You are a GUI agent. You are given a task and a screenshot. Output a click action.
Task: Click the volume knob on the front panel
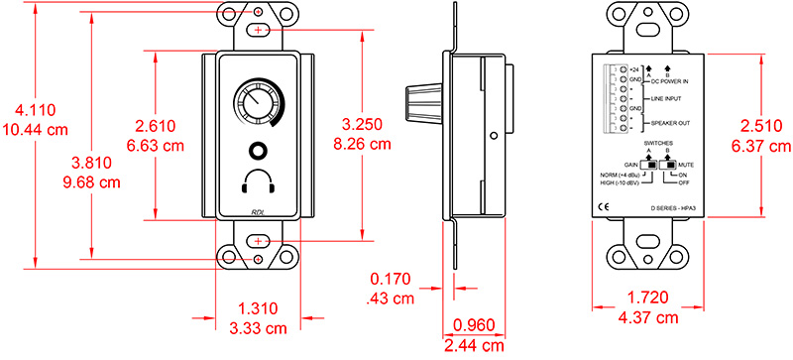click(x=257, y=104)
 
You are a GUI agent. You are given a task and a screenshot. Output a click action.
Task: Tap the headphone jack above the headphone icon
click(x=258, y=152)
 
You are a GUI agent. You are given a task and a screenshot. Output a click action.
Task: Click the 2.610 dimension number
click(x=157, y=126)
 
